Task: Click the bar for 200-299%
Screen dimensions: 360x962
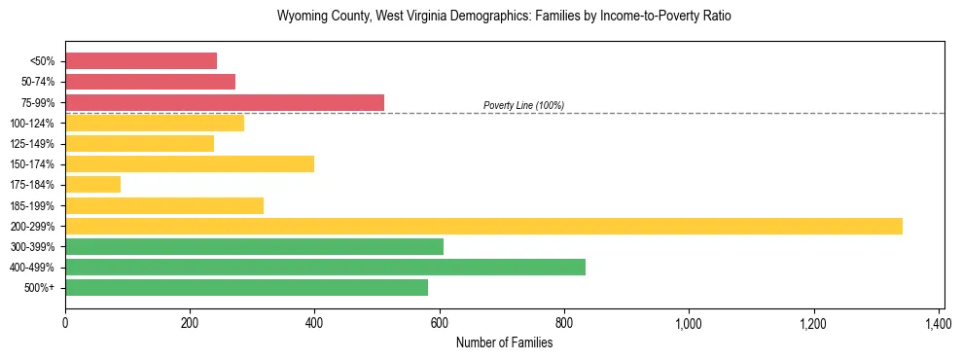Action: coord(483,226)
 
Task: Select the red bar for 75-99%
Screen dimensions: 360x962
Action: coord(225,102)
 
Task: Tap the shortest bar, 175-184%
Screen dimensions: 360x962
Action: coord(92,184)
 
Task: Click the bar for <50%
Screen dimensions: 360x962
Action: coord(141,60)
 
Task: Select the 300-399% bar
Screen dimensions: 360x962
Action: coord(254,246)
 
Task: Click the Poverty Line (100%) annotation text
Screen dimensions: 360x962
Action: coord(523,105)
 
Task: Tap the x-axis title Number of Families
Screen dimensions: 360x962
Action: coord(504,342)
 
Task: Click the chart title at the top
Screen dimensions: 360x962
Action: coord(503,17)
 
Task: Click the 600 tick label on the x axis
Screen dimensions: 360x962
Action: coord(440,323)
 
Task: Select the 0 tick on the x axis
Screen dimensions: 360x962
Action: coord(65,323)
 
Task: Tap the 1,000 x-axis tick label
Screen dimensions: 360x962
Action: coord(689,323)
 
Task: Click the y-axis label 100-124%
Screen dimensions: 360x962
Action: coord(32,124)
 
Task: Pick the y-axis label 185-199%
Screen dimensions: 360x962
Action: coord(32,205)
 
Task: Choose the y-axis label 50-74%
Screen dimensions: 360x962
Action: coord(37,82)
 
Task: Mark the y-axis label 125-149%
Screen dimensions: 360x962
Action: coord(32,144)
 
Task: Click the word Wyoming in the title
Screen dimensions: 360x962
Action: coord(301,17)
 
